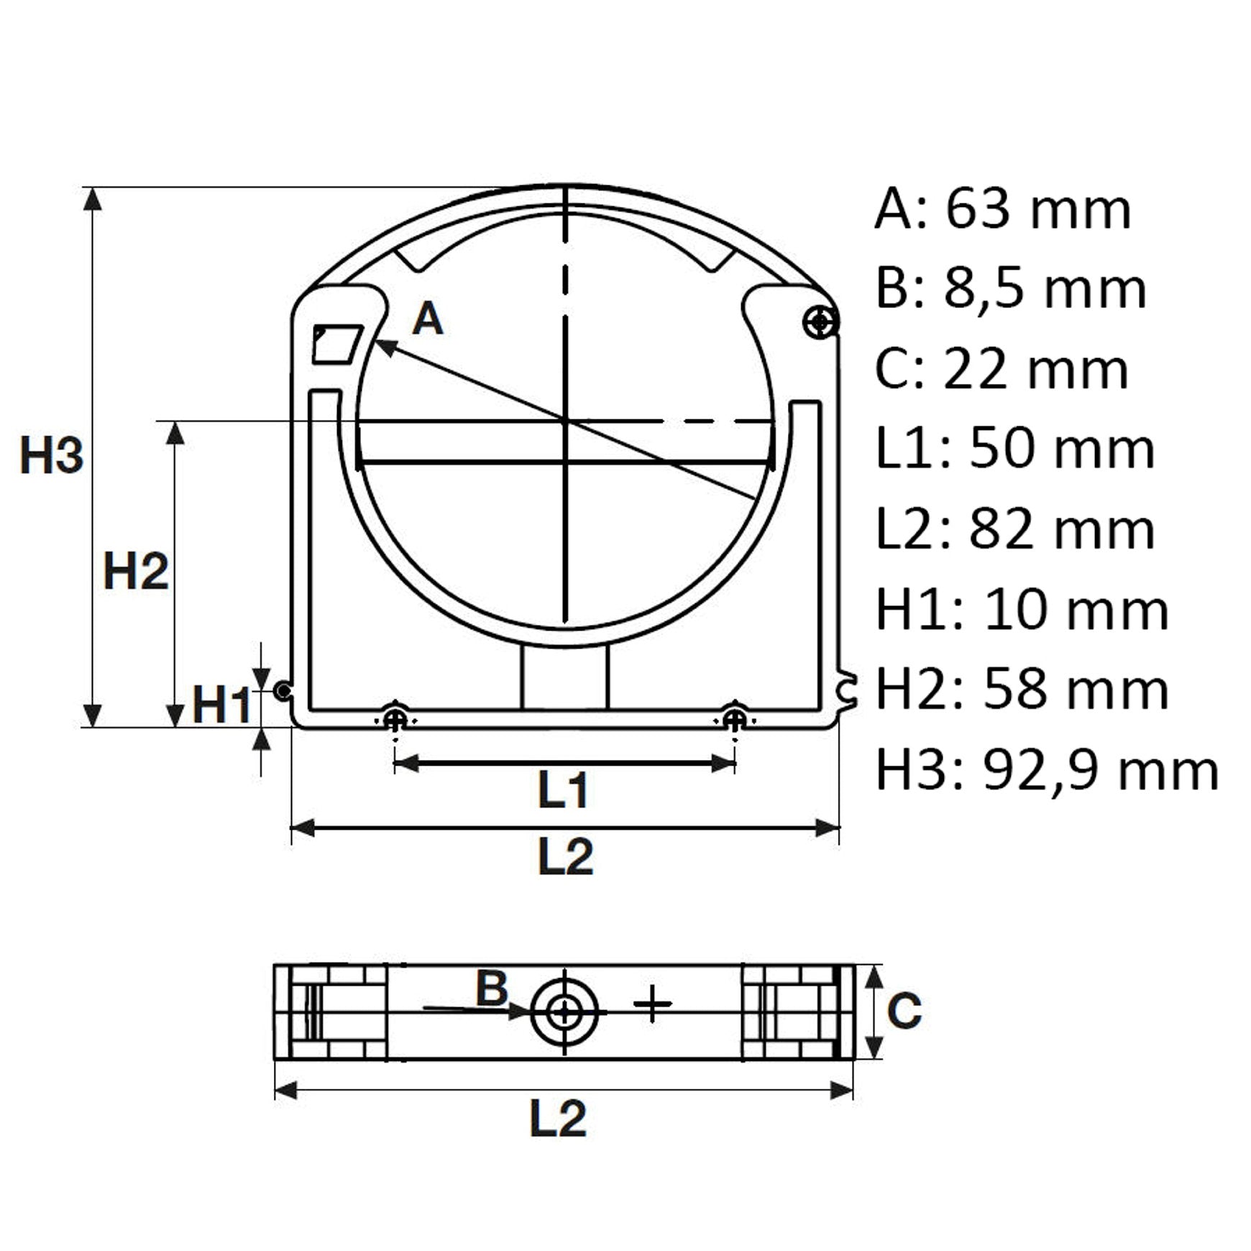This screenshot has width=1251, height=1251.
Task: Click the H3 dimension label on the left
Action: [52, 455]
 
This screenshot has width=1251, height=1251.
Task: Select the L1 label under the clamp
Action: [564, 790]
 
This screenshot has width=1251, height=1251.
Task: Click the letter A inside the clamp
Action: [428, 319]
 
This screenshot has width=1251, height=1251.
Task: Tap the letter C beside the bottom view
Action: [904, 1010]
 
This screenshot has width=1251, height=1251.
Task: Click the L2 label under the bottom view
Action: [558, 1118]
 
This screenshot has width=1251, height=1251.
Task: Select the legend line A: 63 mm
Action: [1003, 209]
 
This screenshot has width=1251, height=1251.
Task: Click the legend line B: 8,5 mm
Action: [1010, 289]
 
